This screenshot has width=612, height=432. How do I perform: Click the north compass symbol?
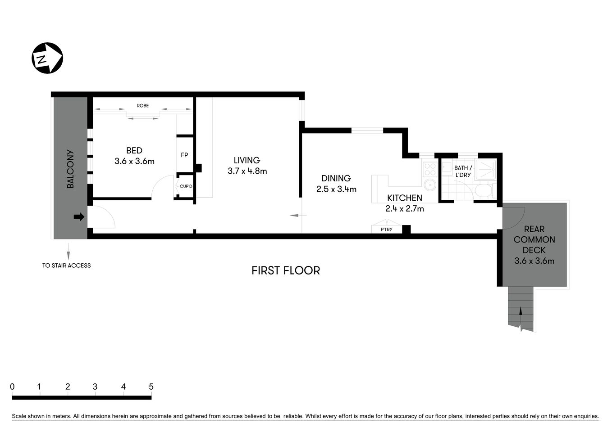(x=47, y=58)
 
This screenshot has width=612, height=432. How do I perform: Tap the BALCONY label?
(x=70, y=169)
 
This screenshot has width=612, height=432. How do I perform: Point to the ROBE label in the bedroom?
(x=143, y=106)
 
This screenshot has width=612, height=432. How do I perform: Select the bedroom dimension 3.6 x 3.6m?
(x=134, y=161)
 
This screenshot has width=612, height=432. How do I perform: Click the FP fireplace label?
(x=184, y=155)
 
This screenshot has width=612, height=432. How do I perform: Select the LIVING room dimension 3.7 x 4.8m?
(x=247, y=171)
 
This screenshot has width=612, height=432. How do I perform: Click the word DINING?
(x=336, y=178)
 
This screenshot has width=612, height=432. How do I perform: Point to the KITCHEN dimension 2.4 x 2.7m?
(x=404, y=208)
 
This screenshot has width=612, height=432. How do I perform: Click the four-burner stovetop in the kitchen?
(x=430, y=169)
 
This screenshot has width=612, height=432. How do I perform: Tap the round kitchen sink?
(x=430, y=184)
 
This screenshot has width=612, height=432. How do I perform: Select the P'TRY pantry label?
(x=386, y=229)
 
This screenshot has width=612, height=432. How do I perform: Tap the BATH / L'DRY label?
(x=463, y=171)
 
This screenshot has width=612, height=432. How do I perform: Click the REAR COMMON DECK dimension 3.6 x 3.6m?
(x=534, y=261)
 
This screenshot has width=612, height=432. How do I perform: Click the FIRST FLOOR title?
(x=286, y=270)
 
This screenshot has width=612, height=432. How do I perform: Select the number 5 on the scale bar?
(x=151, y=387)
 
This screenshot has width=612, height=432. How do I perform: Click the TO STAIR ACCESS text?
(x=67, y=265)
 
